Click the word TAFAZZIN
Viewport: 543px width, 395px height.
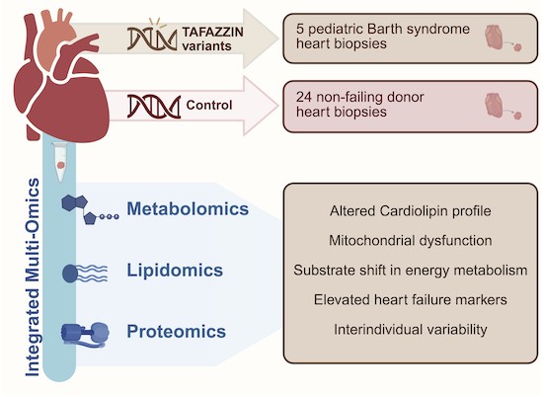[x=212, y=32]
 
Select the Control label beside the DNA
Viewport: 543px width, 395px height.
[x=209, y=105]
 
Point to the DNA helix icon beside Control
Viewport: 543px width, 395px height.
[x=154, y=107]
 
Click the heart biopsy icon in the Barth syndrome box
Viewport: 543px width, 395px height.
[x=503, y=38]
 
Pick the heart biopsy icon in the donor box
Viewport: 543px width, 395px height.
[x=503, y=106]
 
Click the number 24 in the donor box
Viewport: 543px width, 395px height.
[x=304, y=98]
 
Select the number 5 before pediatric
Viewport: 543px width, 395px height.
[x=300, y=29]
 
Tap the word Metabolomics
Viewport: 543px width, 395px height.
[x=188, y=208]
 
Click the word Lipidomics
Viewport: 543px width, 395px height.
[x=175, y=271]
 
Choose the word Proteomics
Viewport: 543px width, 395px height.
[x=177, y=331]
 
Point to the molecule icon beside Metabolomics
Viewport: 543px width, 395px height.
[x=90, y=209]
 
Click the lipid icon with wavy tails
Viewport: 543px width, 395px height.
[x=85, y=273]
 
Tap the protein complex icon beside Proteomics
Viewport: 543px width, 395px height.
[x=85, y=335]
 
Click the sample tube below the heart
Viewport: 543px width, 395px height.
[x=60, y=162]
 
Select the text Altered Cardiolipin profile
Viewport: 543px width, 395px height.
[x=411, y=211]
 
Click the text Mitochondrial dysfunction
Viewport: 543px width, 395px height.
[x=411, y=241]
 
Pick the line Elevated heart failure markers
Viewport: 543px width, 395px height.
[x=411, y=300]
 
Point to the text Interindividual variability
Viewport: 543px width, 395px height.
[x=411, y=329]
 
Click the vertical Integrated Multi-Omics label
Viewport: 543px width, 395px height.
[x=33, y=277]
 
